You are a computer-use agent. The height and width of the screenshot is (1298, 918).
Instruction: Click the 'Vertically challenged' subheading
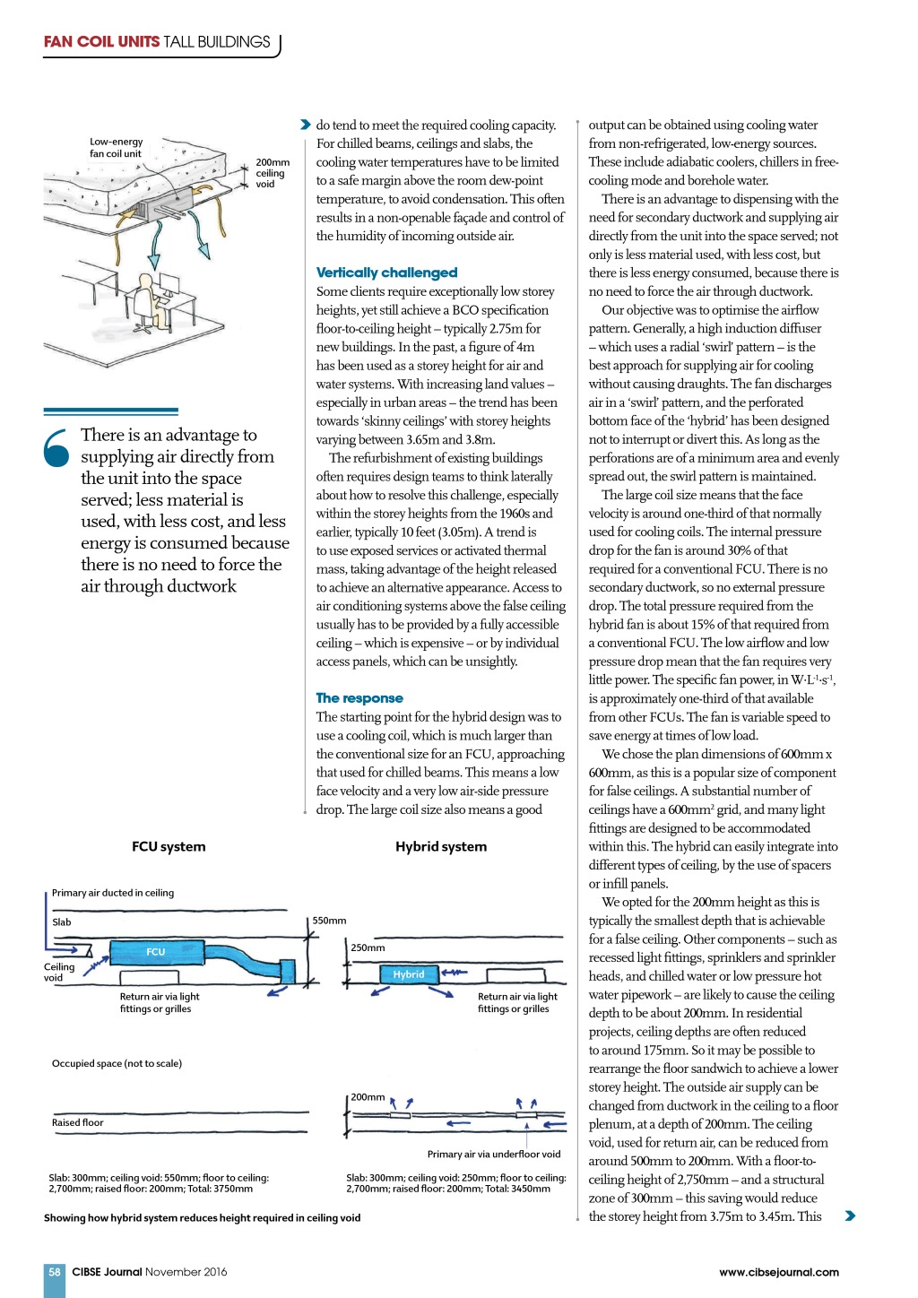386,273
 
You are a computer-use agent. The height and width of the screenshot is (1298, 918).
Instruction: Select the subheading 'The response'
359,697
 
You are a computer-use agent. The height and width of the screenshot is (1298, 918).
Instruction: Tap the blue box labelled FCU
156,952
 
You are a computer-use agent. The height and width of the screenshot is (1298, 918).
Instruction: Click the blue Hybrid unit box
408,974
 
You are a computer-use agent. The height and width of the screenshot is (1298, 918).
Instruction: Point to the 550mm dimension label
329,921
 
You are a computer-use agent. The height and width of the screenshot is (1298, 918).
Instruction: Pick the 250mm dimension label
368,948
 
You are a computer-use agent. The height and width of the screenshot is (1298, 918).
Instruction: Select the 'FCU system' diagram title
169,846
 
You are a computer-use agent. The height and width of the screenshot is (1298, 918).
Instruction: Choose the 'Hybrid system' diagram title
441,846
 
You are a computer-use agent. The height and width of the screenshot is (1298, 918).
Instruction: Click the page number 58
55,1272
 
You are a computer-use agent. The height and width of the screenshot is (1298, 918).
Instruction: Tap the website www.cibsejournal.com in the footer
779,1272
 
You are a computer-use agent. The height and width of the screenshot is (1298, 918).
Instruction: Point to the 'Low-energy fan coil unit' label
116,148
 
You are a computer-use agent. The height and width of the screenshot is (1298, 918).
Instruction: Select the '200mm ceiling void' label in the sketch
272,173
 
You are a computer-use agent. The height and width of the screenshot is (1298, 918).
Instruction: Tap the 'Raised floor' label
78,1122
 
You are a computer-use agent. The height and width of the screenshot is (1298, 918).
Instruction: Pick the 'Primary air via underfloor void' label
493,1154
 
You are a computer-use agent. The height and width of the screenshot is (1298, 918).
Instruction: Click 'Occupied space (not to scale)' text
117,1063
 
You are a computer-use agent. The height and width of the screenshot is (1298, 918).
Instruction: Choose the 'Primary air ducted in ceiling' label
113,893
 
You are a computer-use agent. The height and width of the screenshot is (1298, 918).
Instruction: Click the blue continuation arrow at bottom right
850,1216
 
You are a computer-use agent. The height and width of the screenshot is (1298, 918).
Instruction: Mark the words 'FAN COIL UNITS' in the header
101,42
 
